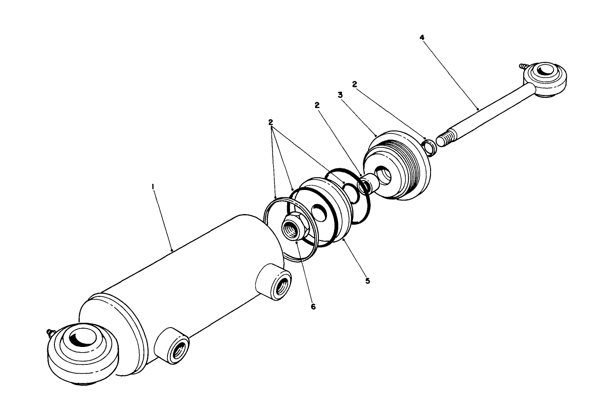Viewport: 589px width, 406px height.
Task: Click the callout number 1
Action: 153,187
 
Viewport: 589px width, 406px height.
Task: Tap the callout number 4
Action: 422,37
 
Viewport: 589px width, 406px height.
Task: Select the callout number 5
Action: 368,281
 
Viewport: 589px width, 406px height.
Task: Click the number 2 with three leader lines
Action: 271,122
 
